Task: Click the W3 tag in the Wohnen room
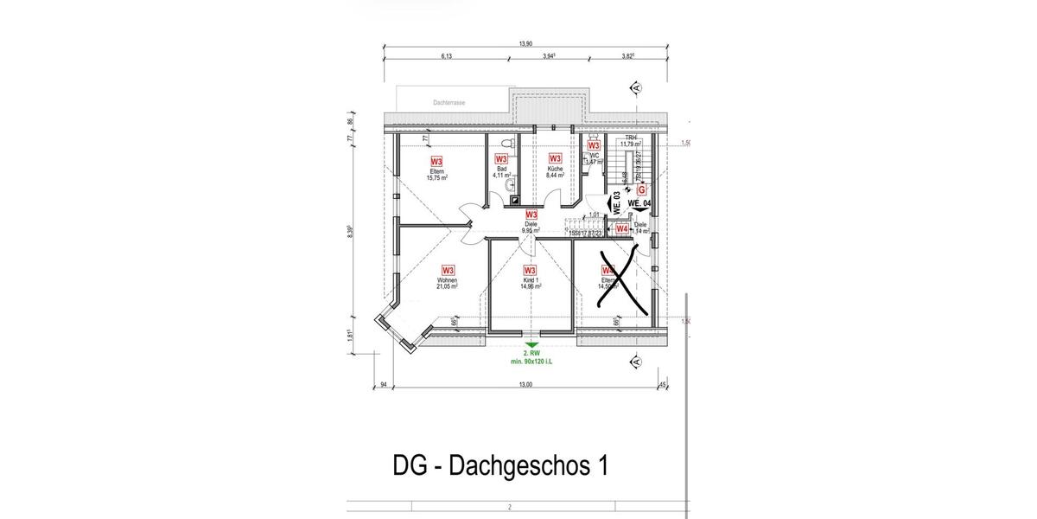click(448, 270)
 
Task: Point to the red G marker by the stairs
click(641, 189)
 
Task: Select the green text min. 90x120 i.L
click(531, 361)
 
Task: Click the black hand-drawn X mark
click(618, 277)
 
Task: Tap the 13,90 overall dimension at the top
click(525, 43)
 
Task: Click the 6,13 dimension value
click(447, 56)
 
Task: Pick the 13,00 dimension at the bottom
click(525, 386)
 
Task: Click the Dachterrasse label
click(449, 103)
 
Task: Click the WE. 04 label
click(639, 203)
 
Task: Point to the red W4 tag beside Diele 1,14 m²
click(620, 228)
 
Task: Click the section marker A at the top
click(636, 88)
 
